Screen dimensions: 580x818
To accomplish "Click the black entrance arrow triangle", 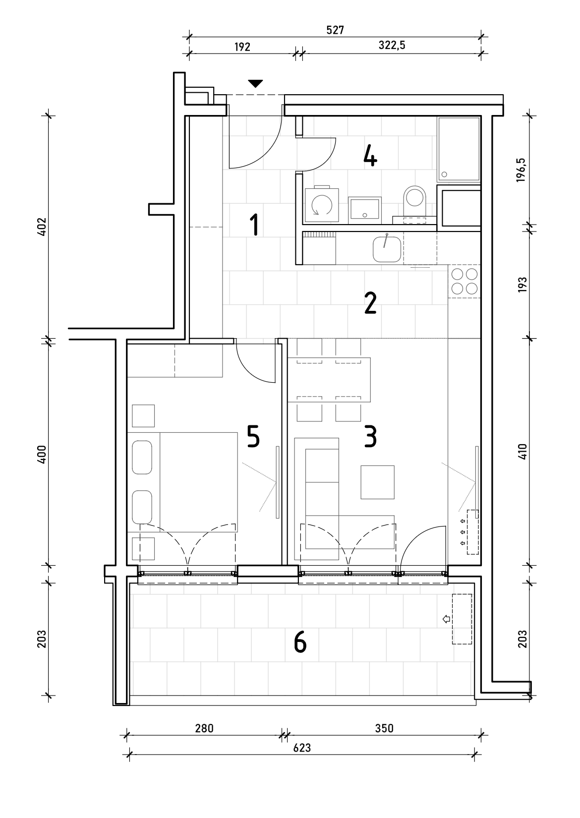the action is (255, 84).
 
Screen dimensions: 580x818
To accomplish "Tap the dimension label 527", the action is (335, 30).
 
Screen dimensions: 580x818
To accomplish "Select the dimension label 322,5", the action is (392, 45).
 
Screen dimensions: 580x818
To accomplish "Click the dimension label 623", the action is (302, 748).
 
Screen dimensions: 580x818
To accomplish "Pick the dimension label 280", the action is (204, 729).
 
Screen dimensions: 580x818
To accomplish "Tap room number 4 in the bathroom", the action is (370, 157).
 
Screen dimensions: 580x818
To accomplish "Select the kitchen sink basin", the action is (387, 249).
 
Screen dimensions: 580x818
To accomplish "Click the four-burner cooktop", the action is (464, 281).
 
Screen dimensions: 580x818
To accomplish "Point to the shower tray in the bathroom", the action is (459, 149).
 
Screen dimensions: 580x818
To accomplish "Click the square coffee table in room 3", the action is (377, 482).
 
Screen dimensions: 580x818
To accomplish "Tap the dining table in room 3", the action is (329, 380).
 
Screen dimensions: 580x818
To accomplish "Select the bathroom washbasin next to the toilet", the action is (364, 210).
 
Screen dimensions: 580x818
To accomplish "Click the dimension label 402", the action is (42, 227).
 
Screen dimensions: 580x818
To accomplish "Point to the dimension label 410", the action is (522, 451).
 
